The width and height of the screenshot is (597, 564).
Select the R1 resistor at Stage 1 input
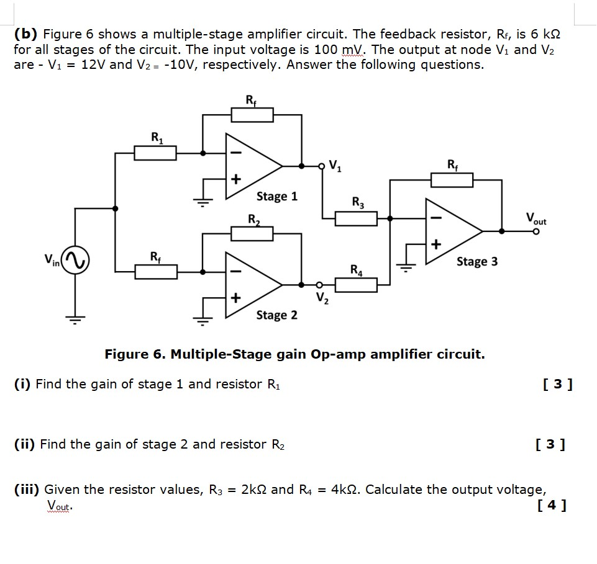click(x=155, y=152)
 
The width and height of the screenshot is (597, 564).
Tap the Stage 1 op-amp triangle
click(x=251, y=166)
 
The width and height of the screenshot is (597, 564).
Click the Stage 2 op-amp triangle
click(x=251, y=285)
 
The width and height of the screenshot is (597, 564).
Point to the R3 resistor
click(x=356, y=218)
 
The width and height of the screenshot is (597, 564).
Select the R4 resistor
click(x=356, y=285)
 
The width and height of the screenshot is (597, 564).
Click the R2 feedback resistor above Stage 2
click(x=252, y=233)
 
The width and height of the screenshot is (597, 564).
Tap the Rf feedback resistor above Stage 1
click(x=252, y=115)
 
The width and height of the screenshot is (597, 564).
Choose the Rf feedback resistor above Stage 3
click(x=452, y=180)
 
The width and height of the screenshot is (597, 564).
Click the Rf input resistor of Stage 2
click(x=155, y=271)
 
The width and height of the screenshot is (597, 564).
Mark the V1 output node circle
click(x=322, y=166)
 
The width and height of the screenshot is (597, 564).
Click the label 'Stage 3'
click(x=477, y=261)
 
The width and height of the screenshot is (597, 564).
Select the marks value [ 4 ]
click(x=554, y=506)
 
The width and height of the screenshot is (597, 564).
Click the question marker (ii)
click(x=25, y=444)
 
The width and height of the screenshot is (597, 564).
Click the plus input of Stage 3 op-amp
click(x=435, y=245)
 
